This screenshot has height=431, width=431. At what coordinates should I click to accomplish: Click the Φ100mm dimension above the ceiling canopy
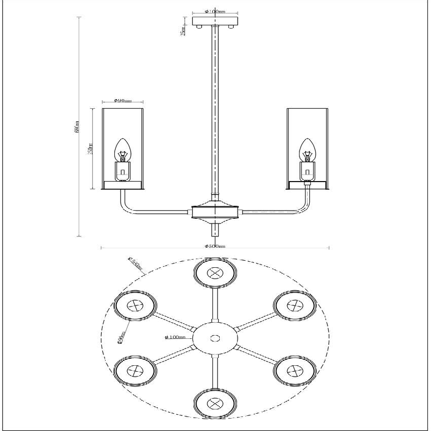[x=215, y=11]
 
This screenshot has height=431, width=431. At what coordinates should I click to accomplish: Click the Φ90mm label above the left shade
[x=123, y=101]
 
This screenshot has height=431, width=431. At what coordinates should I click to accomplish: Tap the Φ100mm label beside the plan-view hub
[x=176, y=337]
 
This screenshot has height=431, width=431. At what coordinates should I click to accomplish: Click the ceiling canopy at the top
[x=215, y=22]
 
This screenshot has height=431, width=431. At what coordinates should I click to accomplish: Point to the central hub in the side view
[x=215, y=211]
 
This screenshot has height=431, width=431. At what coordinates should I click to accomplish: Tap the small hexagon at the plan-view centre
[x=215, y=338]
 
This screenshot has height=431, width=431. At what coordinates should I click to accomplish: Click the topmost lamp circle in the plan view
[x=215, y=273]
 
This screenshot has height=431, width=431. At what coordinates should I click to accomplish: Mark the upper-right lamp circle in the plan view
[x=295, y=306]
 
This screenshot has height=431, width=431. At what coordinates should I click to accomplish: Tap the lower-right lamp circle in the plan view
[x=295, y=371]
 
